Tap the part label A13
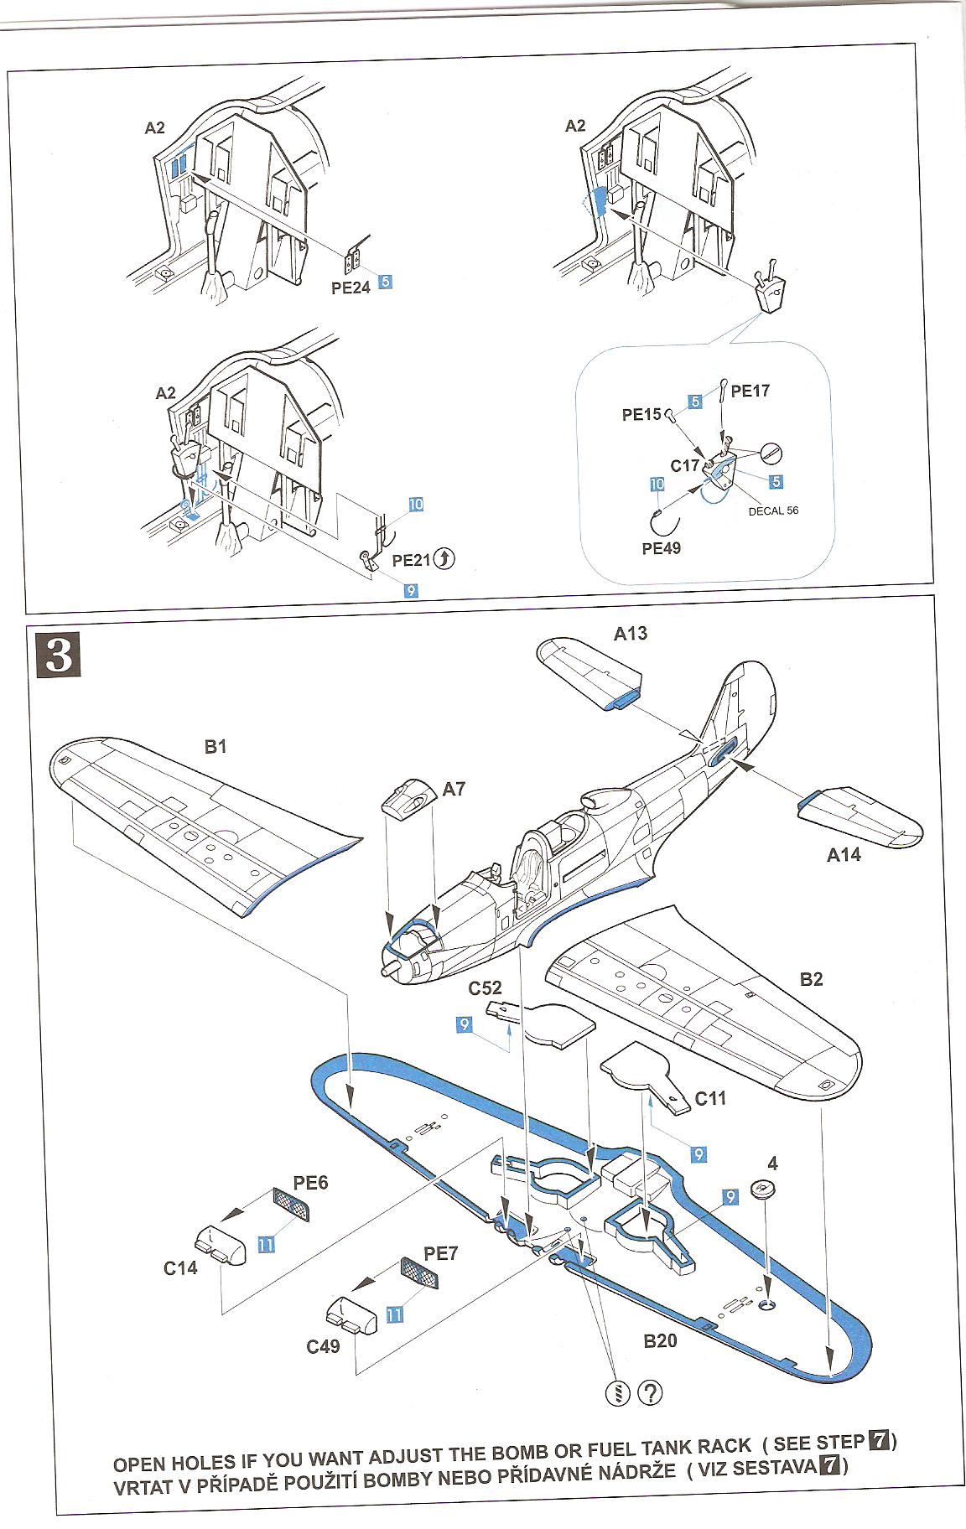click(x=630, y=634)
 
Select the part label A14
click(x=844, y=855)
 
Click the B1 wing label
click(x=216, y=746)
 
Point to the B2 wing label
click(x=811, y=979)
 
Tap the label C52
click(x=485, y=988)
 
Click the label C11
click(x=710, y=1098)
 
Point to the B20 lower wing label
click(x=660, y=1341)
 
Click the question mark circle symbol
click(x=650, y=1392)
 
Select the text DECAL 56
click(x=773, y=510)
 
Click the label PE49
click(x=662, y=548)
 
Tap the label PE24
click(x=351, y=288)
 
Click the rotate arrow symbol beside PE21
click(x=444, y=558)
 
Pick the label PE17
click(x=750, y=391)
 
